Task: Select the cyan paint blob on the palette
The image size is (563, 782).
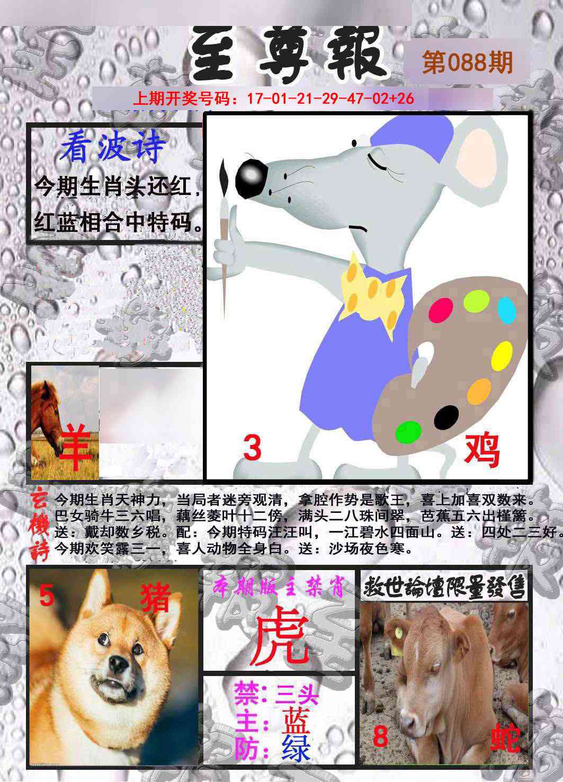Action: point(506,310)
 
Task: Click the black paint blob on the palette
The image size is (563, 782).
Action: point(446,417)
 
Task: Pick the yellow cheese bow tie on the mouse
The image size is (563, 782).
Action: point(374,291)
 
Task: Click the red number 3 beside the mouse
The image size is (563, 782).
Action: point(253,449)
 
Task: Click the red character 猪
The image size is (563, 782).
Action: point(155,599)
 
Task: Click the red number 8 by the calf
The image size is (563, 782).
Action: point(380,736)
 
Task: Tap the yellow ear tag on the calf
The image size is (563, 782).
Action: point(398,631)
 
